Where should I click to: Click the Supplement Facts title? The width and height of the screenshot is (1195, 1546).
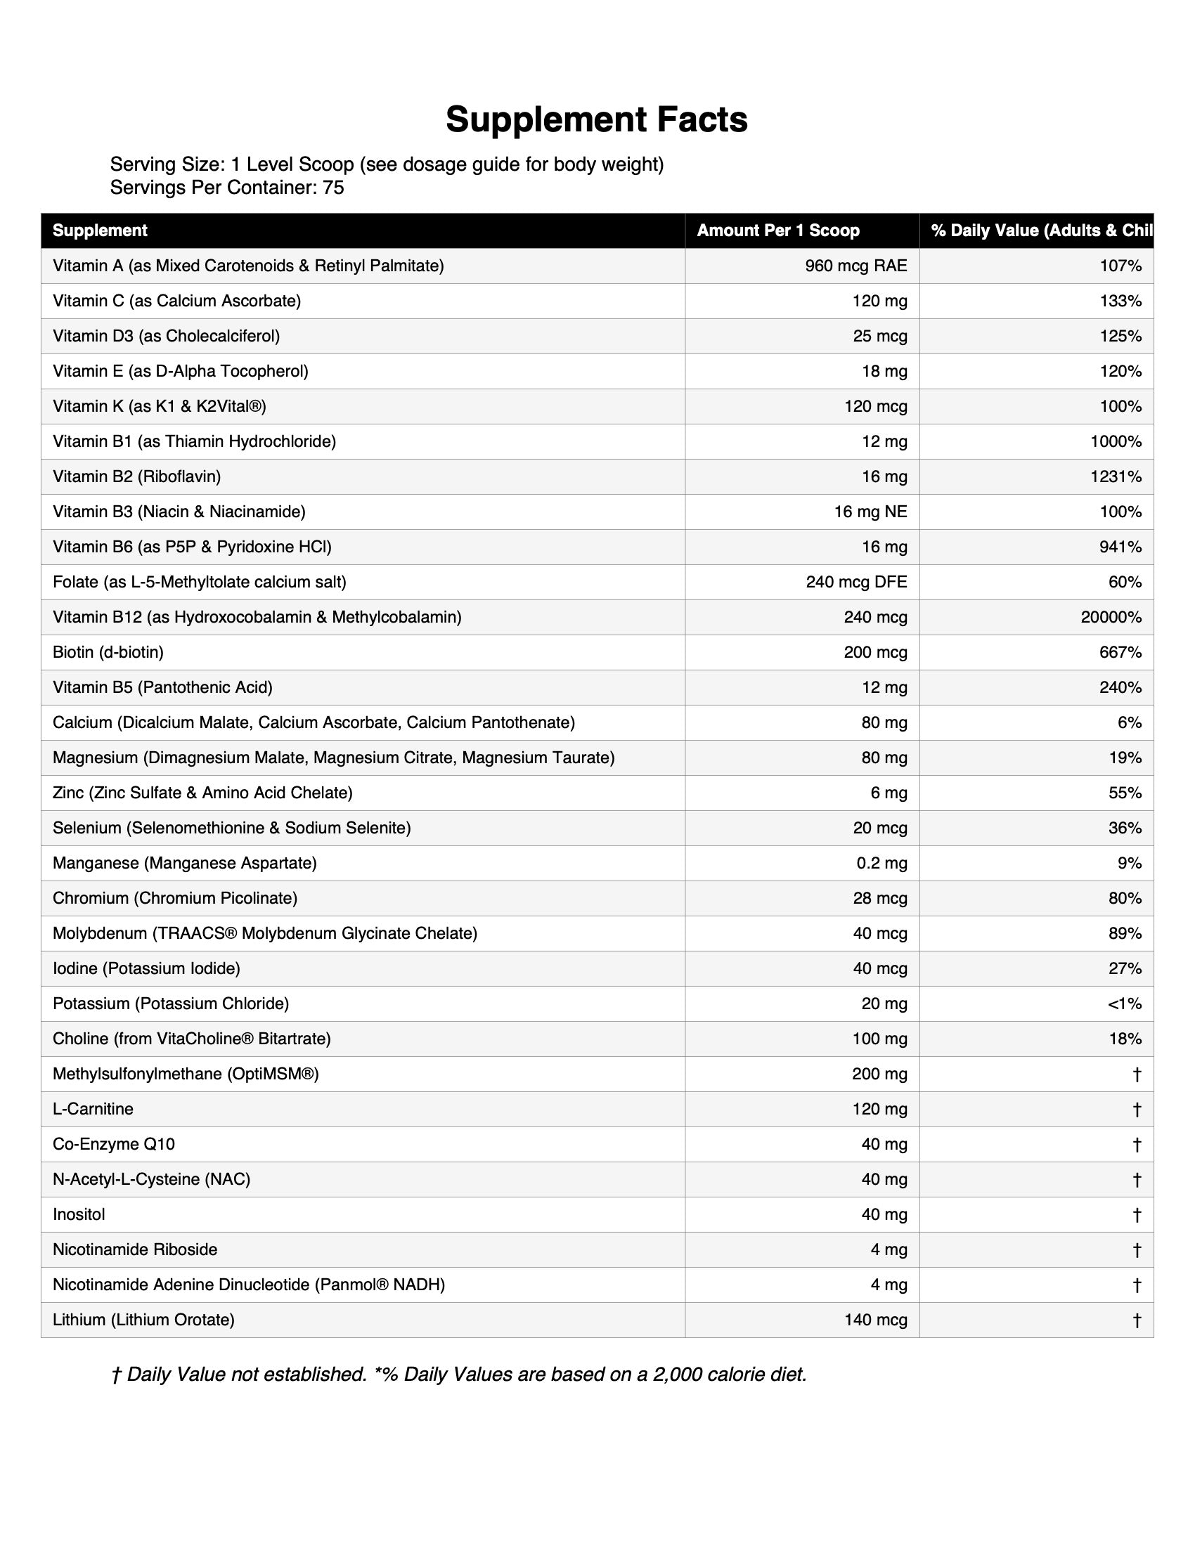(x=596, y=119)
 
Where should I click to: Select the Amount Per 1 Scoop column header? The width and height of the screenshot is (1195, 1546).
(x=778, y=230)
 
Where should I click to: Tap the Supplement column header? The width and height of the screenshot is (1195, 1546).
(x=100, y=230)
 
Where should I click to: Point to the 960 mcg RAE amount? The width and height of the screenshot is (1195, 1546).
(x=856, y=266)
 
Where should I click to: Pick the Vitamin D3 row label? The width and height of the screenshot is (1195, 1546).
(x=167, y=336)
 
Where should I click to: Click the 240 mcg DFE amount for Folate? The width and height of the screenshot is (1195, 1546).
(x=857, y=582)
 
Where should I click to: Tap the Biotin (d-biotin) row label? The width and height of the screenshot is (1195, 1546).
(x=108, y=652)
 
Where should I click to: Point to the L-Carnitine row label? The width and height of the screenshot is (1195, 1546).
(x=93, y=1109)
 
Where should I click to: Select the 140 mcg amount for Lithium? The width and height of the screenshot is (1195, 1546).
(x=876, y=1320)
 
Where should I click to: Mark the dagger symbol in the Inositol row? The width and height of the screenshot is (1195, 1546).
(x=1136, y=1215)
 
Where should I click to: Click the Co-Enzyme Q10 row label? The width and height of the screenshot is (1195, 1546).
(x=114, y=1145)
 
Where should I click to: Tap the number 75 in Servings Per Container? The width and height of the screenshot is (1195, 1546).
(x=333, y=188)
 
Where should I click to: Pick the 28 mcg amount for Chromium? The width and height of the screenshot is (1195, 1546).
(x=880, y=898)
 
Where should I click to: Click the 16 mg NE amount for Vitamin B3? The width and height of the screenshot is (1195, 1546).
(x=870, y=512)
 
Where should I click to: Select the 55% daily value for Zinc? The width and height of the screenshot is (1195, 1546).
(x=1125, y=793)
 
